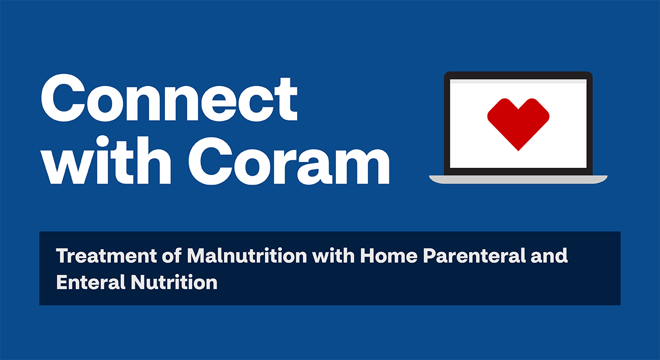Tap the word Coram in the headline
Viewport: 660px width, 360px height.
point(289,161)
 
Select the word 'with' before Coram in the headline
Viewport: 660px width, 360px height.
point(106,160)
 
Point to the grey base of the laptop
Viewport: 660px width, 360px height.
point(518,179)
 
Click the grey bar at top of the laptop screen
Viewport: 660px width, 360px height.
point(518,81)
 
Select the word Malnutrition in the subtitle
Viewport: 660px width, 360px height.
point(247,256)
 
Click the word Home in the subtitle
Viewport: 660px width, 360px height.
point(388,256)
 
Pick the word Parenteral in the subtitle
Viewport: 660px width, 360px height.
point(474,256)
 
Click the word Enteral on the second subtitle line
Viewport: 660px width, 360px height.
point(91,282)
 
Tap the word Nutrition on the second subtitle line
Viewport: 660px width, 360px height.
point(174,282)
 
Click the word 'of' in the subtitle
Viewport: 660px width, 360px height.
point(171,256)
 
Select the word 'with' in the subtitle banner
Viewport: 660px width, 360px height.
point(333,256)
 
